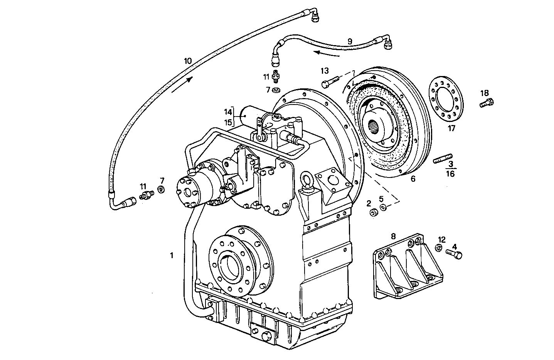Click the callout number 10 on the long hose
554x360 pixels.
pos(188,61)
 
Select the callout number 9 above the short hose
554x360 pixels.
pos(349,41)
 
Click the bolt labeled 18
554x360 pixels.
pos(487,103)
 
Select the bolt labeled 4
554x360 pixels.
pos(454,254)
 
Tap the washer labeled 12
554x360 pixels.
pos(439,248)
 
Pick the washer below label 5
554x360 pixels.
pos(383,207)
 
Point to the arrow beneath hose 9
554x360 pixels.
pos(326,53)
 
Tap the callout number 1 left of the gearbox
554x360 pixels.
pos(172,255)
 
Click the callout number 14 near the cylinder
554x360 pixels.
pos(228,112)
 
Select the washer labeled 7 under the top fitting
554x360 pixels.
pos(276,90)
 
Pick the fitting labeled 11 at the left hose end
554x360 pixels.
pos(145,195)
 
